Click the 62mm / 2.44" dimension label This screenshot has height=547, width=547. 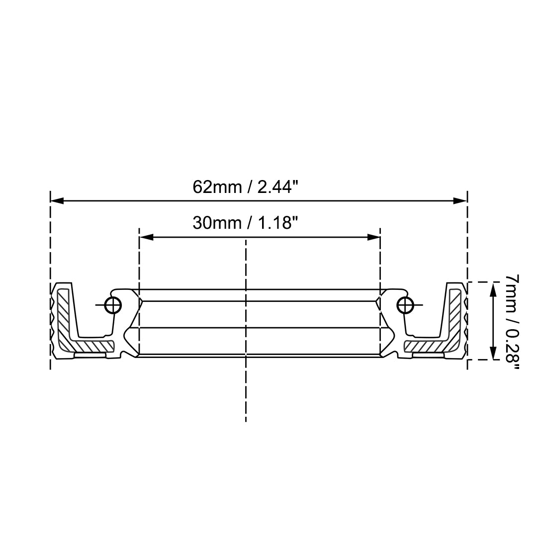(x=246, y=187)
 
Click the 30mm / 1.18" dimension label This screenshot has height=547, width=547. (x=246, y=223)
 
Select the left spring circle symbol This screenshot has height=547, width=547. (x=113, y=305)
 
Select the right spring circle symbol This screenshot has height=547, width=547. (x=405, y=305)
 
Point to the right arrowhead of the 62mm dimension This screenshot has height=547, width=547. (x=460, y=200)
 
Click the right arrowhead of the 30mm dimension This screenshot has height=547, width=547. (x=373, y=237)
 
